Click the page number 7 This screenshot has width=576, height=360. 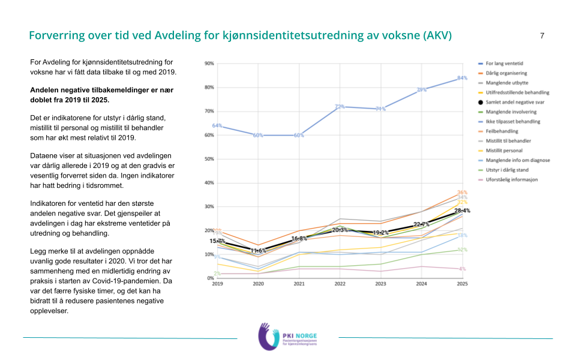tap(542, 36)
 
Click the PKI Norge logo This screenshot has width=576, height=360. tap(287, 337)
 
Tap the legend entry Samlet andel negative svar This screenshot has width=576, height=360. tap(511, 102)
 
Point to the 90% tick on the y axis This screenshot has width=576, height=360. tap(209, 64)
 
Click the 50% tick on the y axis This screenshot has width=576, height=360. tap(209, 159)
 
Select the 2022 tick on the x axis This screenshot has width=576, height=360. tap(340, 284)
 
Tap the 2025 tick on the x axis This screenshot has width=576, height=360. tap(462, 284)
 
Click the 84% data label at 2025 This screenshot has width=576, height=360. tap(462, 78)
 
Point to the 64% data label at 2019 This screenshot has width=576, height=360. tap(217, 126)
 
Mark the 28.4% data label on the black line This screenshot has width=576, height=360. tap(461, 211)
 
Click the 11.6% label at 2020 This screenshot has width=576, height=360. tap(258, 251)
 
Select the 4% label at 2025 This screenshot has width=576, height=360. tap(462, 269)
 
